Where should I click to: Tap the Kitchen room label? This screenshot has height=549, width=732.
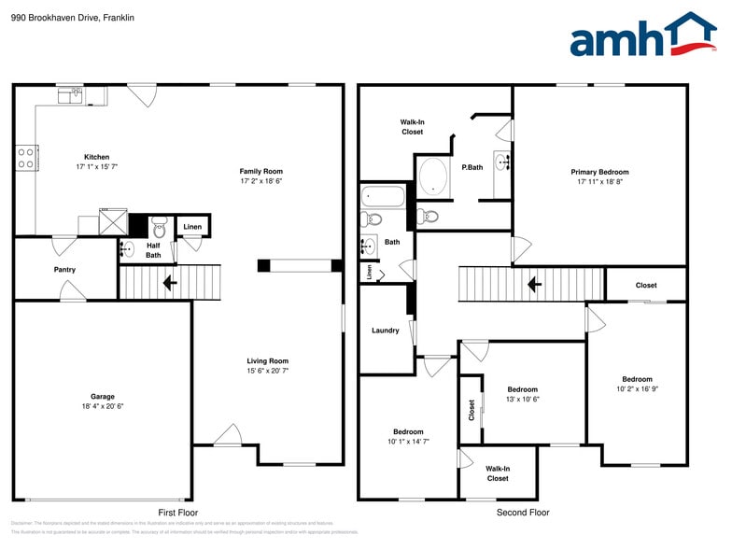97,157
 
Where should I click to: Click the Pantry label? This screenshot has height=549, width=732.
64,270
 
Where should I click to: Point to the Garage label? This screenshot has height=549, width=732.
103,396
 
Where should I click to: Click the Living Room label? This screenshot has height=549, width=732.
267,361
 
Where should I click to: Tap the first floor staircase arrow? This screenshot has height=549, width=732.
170,282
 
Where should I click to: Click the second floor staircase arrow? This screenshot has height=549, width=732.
535,283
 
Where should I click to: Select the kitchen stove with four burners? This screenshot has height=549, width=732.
25,157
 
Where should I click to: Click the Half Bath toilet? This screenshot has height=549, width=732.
158,226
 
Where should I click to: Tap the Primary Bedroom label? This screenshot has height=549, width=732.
599,172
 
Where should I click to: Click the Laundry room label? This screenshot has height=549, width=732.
385,331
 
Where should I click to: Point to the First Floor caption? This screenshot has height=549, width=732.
177,513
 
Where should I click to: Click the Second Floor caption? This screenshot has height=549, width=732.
523,513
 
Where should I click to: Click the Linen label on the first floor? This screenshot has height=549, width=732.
192,227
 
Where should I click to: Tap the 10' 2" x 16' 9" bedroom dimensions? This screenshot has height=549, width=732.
637,389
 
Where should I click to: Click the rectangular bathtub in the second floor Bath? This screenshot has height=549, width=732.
383,197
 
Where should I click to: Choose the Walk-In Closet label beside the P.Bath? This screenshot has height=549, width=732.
412,127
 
